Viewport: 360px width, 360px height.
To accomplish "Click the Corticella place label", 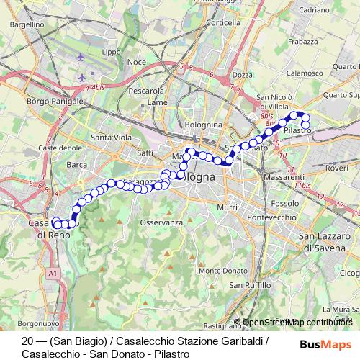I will tap(222, 23).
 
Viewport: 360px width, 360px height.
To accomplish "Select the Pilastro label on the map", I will tap(297, 131).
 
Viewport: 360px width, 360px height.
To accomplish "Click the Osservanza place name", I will tap(157, 223).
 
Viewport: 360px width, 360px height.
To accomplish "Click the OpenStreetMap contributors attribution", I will tap(297, 322).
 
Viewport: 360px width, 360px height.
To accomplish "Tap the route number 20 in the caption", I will tap(28, 341).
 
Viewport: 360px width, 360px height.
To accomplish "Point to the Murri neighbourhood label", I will tap(227, 207).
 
